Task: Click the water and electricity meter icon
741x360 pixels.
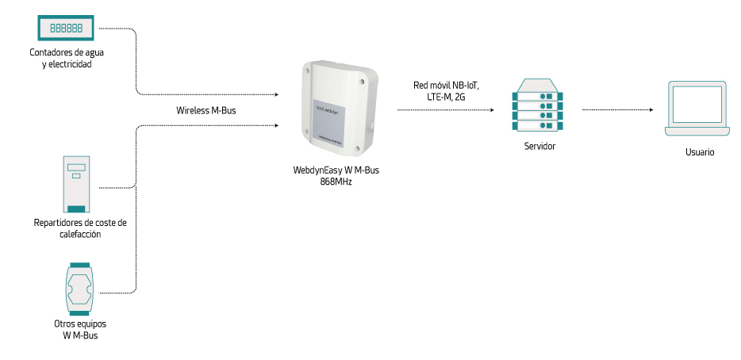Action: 67,28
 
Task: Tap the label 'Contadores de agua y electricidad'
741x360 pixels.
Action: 67,58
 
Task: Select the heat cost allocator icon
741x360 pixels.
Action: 76,183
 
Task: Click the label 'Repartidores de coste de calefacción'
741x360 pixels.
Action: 80,228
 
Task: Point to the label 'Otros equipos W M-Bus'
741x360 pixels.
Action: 80,330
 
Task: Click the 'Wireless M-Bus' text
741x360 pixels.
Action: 206,110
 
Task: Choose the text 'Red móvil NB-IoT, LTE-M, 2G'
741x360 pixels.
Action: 446,90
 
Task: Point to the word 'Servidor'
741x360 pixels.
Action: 539,147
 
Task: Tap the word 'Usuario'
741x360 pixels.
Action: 699,151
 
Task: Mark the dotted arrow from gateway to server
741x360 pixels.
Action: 449,110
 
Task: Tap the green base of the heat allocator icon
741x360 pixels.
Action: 76,209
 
